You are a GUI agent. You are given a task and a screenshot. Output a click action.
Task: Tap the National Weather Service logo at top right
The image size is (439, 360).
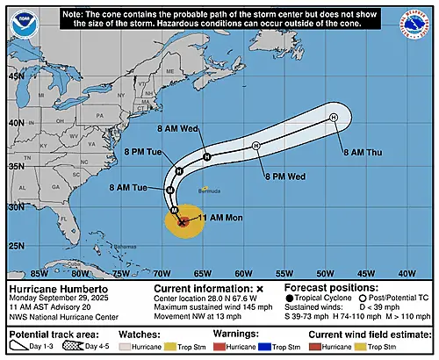coord(415,25)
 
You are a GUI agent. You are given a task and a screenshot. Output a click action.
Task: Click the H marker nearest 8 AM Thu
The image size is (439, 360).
coord(334,117)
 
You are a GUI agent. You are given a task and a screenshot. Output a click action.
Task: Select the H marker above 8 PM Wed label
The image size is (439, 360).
coord(255,146)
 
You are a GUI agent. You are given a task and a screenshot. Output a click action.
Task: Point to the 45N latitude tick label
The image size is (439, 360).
coord(16,76)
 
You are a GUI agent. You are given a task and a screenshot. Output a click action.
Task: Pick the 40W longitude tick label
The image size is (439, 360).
coord(406,272)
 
